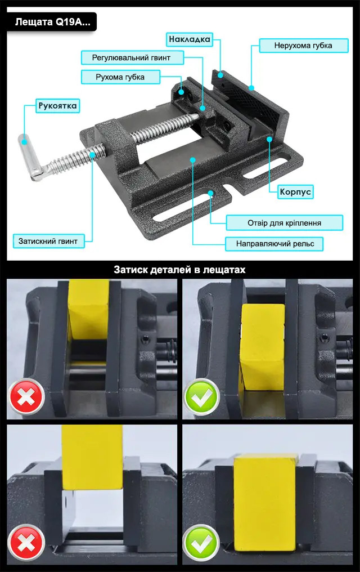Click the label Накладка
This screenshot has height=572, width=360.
(190, 39)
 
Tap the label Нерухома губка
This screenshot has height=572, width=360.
(303, 45)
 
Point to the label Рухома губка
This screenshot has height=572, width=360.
(120, 77)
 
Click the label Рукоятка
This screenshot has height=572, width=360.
(57, 105)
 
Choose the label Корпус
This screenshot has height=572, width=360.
(295, 192)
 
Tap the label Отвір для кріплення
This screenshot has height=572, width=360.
(284, 222)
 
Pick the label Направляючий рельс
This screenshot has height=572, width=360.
(274, 244)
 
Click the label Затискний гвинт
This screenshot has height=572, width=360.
(48, 241)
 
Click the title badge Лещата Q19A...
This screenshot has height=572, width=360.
(52, 21)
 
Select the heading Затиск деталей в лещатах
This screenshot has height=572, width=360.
(179, 270)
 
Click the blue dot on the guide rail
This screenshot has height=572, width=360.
(192, 160)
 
